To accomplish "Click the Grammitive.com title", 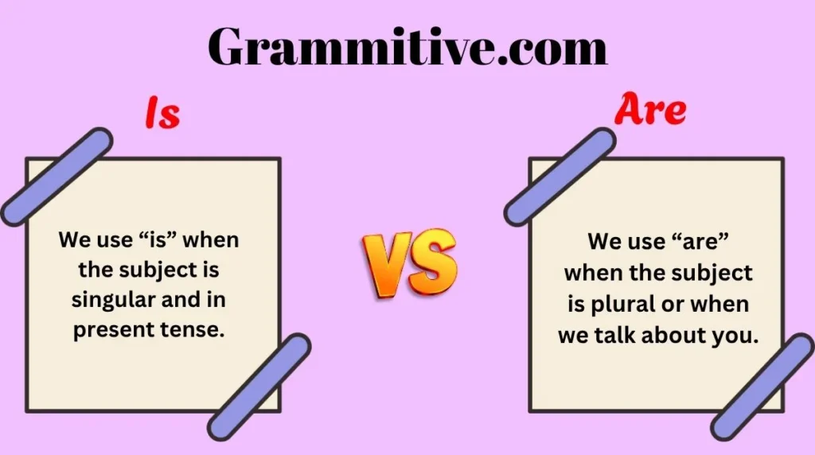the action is (x=407, y=47).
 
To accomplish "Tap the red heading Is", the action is (x=162, y=113).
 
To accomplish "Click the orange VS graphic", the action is (x=410, y=262).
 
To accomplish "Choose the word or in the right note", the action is (x=671, y=305).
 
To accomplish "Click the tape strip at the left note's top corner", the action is (x=57, y=177).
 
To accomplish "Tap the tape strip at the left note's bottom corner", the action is (x=259, y=387).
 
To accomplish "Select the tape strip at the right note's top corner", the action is (x=560, y=177).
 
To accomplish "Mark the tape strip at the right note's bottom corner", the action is (x=762, y=387).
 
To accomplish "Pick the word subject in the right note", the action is (x=717, y=274).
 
